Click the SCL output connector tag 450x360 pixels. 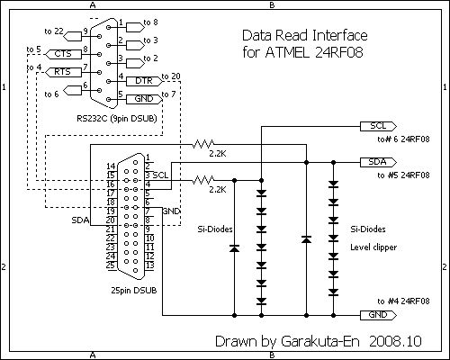click(378, 126)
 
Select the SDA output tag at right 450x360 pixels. click(378, 162)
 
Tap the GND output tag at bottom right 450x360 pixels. click(378, 315)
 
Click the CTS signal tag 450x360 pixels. click(63, 54)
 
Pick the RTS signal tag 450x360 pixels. click(63, 72)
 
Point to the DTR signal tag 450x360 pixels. click(144, 81)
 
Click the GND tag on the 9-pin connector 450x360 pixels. click(144, 99)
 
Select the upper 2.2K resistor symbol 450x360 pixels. click(203, 144)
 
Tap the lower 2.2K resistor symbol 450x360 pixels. click(203, 180)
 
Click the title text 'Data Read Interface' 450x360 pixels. click(305, 35)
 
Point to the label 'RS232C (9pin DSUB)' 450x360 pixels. click(117, 119)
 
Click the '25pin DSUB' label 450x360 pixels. click(134, 291)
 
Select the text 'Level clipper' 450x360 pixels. click(373, 247)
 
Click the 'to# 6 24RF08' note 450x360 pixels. click(403, 139)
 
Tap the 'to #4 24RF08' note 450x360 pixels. click(403, 301)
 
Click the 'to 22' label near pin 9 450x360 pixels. click(54, 31)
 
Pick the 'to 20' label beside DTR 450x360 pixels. click(171, 76)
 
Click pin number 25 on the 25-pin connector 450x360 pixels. click(111, 265)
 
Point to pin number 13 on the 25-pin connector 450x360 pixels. click(149, 265)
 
